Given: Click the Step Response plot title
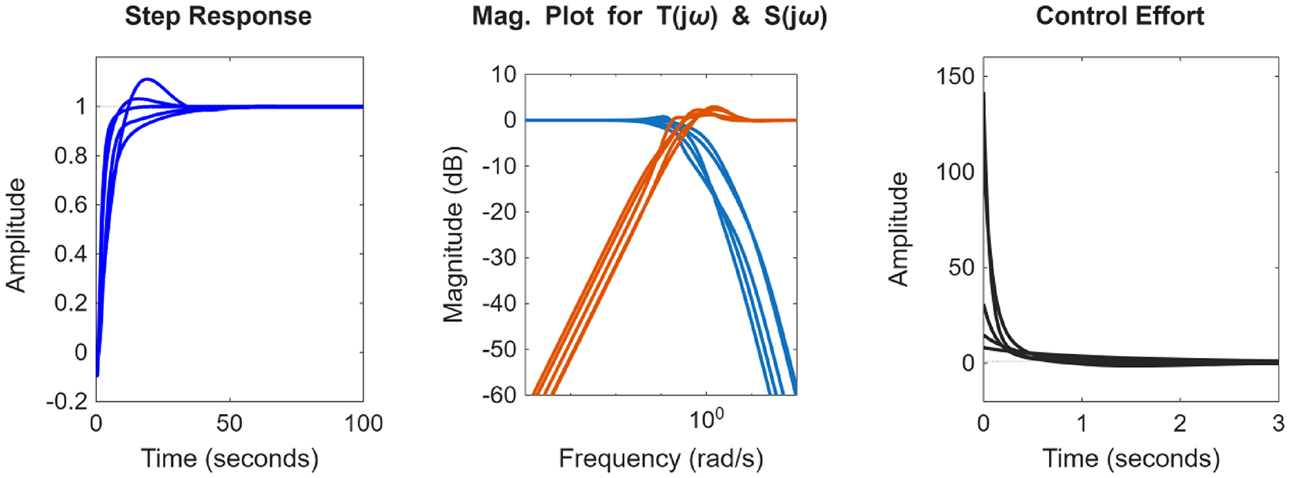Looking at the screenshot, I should [x=218, y=16].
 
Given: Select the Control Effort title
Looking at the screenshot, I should [x=1119, y=16].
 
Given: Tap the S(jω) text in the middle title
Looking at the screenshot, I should [x=795, y=16].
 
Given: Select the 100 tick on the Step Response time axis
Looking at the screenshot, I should [x=363, y=423].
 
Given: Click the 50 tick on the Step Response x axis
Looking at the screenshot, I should [x=229, y=423].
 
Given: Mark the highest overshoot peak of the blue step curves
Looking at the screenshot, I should [x=147, y=80].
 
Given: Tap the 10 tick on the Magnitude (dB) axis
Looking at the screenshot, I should [x=504, y=75].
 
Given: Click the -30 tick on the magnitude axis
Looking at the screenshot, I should [x=499, y=258].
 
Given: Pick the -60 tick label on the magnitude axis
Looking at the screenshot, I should [x=499, y=395].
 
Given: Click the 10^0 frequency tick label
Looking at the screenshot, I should [x=707, y=420].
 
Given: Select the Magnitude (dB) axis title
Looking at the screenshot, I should [x=453, y=234].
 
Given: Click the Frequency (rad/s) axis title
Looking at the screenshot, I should [x=661, y=459].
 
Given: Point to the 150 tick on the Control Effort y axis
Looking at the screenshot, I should [x=955, y=76].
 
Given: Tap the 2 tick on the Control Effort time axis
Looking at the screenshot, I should [x=1180, y=423].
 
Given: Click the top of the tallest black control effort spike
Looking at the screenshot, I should [x=984, y=94].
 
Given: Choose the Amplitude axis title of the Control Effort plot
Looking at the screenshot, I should [x=898, y=230].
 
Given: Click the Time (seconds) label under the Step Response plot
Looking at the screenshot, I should [x=229, y=459].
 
